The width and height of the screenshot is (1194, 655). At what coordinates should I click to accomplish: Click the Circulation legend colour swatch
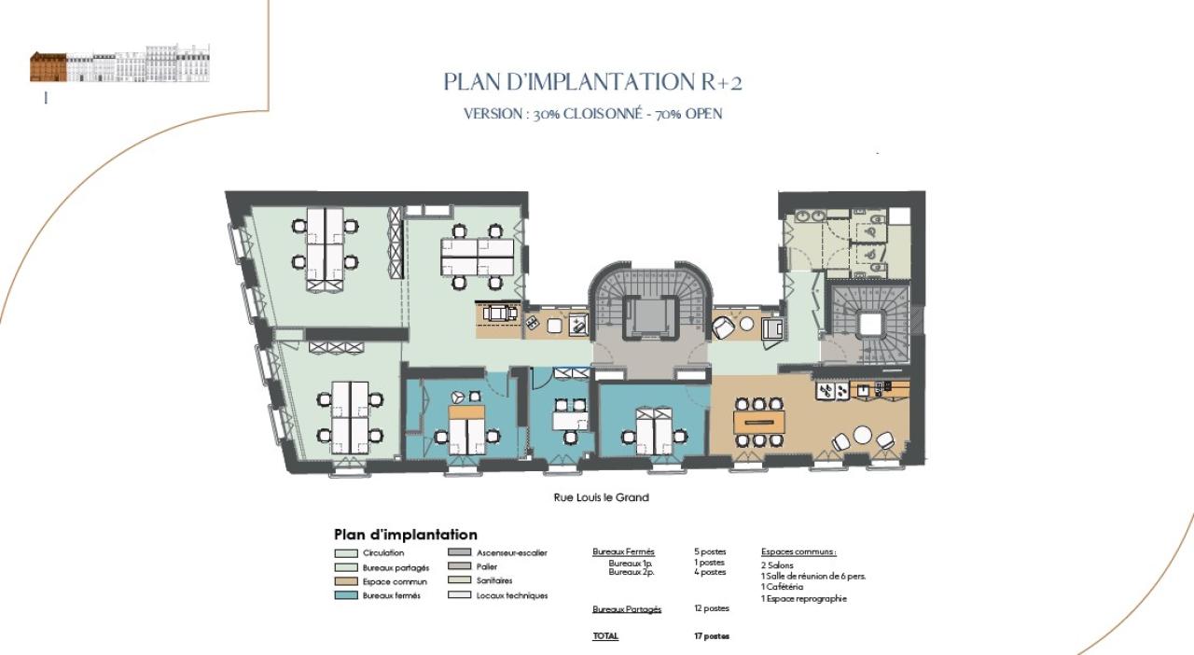pos(345,553)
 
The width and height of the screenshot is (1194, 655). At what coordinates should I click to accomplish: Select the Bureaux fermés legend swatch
pos(345,595)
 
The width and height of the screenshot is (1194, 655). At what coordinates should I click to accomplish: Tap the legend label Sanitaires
pos(493,580)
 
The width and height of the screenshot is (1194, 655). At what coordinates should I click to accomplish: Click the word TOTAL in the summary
pos(605,636)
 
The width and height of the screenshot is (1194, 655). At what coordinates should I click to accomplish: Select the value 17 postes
pos(712,636)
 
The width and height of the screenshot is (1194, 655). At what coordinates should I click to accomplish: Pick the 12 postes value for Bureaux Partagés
pos(711,608)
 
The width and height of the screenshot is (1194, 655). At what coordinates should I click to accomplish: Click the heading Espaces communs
pos(798,551)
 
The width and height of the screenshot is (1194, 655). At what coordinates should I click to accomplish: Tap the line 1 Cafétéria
pos(782,587)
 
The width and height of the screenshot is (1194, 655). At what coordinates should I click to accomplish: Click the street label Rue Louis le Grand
pos(602,497)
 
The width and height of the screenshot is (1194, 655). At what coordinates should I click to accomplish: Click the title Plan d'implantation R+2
pos(592,82)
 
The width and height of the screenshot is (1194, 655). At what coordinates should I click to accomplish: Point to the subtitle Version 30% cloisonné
pos(593,114)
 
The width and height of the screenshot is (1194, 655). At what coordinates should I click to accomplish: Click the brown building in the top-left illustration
pos(49,67)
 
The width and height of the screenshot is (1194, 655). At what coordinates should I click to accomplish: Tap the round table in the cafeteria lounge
pos(863,435)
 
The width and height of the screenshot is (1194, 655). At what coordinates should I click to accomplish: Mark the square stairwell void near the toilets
pos(871,323)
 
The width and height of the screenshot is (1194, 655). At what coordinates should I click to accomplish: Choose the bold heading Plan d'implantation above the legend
pos(406,535)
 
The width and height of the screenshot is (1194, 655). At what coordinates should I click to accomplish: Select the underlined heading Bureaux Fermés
pos(624,552)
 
